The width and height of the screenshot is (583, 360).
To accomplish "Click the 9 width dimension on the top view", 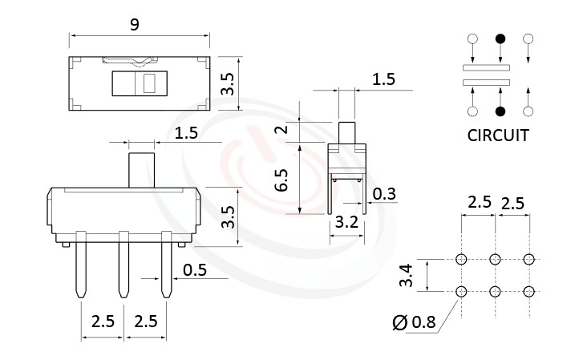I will pyautogui.click(x=135, y=25).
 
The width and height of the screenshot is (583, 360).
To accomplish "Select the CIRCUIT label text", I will pyautogui.click(x=497, y=135).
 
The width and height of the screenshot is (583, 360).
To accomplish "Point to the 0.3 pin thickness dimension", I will pyautogui.click(x=385, y=193).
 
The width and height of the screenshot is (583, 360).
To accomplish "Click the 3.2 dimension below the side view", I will pyautogui.click(x=346, y=224).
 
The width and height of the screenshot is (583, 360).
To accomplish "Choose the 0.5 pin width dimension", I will pyautogui.click(x=195, y=270).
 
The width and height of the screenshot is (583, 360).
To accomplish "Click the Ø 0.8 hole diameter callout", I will pyautogui.click(x=414, y=323).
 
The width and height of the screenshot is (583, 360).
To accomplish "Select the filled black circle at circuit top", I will pyautogui.click(x=500, y=38).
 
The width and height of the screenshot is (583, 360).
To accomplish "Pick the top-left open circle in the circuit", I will pyautogui.click(x=473, y=38).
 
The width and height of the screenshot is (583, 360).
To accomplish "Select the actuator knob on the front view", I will pyautogui.click(x=141, y=169).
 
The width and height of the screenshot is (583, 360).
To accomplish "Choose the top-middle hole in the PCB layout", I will pyautogui.click(x=495, y=259).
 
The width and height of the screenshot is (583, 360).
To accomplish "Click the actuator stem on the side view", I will pyautogui.click(x=346, y=131).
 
